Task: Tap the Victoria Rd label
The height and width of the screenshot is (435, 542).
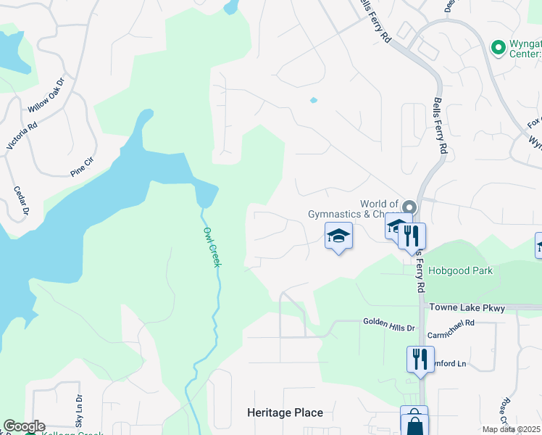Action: coord(20,136)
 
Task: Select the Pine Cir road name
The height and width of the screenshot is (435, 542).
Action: coord(83,167)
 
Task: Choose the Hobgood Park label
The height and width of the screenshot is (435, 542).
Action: coord(460,271)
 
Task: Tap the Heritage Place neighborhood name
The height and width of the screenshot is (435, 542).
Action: coord(285,413)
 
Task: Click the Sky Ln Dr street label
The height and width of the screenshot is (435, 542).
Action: coord(79,410)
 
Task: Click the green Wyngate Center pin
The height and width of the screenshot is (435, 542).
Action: coord(498,48)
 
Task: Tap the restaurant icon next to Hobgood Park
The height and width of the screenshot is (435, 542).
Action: coord(411,235)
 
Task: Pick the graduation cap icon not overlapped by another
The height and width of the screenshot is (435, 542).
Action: coord(338,236)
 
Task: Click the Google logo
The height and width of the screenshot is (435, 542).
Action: coord(24,426)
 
